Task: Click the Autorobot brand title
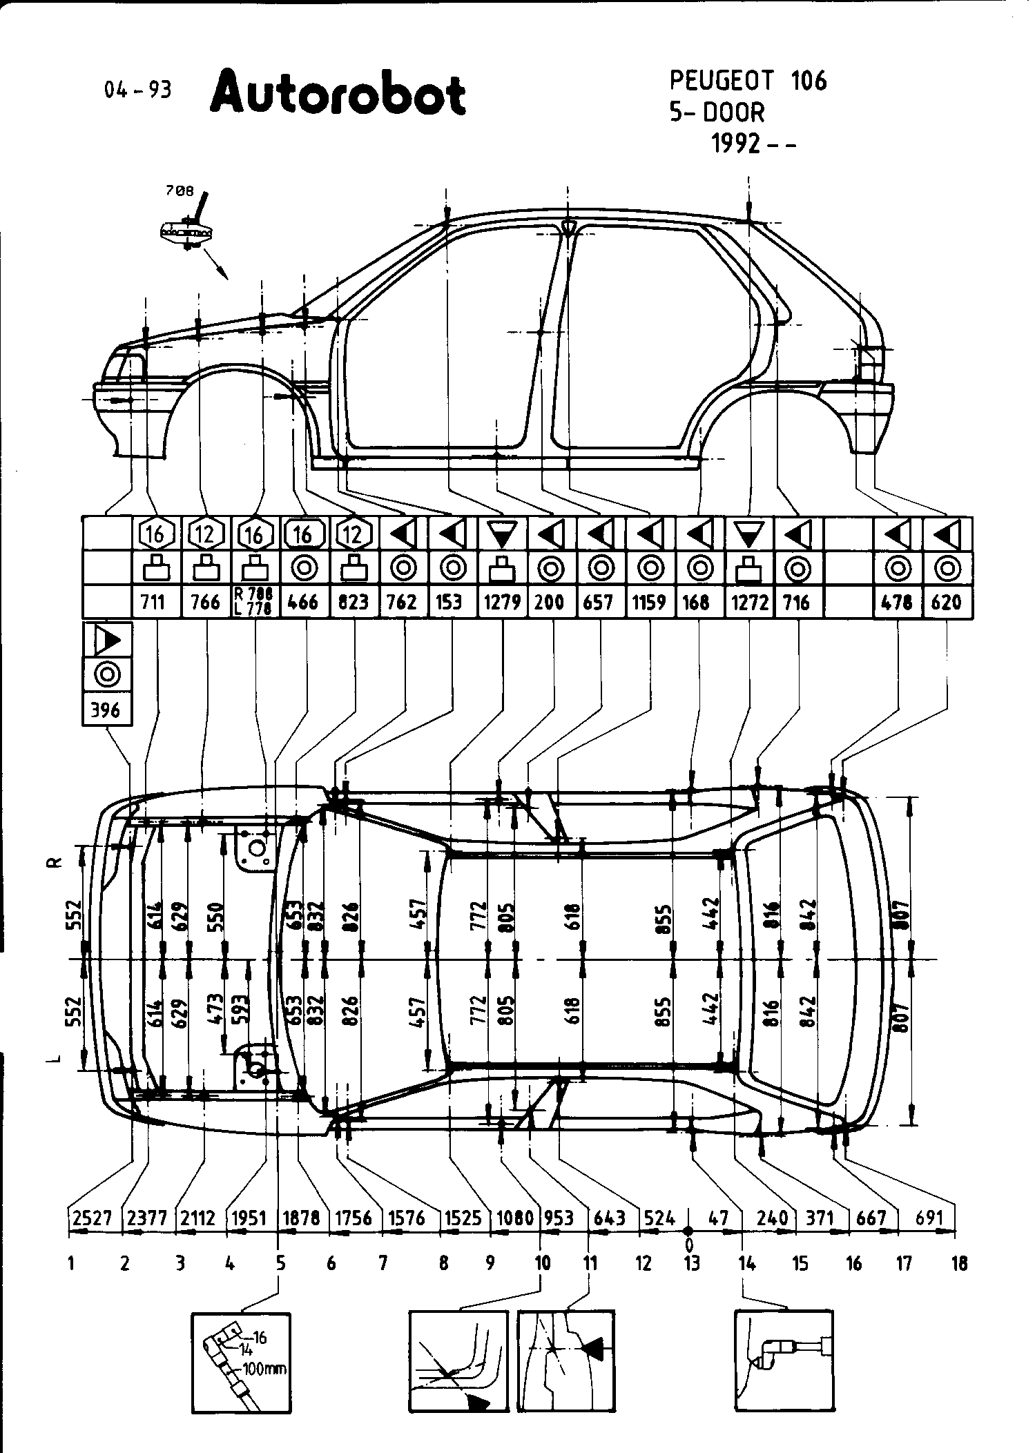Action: click(338, 95)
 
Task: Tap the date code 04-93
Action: click(137, 90)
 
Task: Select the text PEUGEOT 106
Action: click(748, 81)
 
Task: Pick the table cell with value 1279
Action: click(502, 603)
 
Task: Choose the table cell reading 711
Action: click(153, 603)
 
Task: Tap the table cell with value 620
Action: click(946, 603)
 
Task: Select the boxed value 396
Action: click(106, 710)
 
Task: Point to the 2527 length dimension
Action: click(93, 1218)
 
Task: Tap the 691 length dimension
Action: click(929, 1218)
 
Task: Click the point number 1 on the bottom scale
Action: click(71, 1264)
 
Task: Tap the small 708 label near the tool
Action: click(180, 192)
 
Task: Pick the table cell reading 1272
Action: click(750, 603)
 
